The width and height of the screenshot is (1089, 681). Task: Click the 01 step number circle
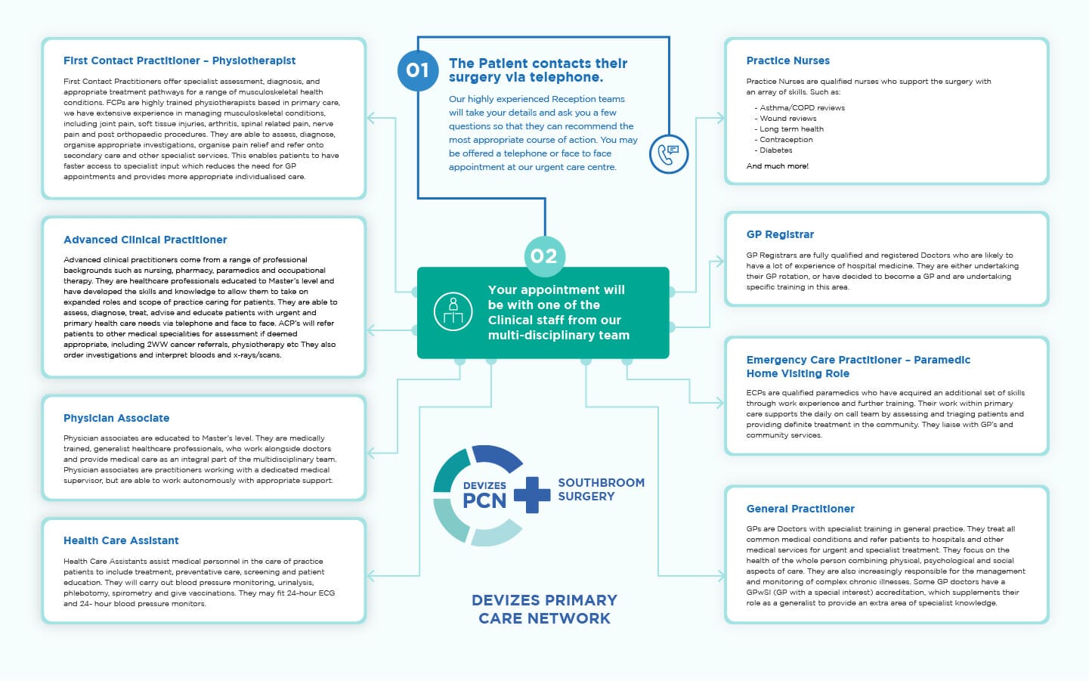(417, 70)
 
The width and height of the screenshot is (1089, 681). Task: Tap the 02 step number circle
(544, 256)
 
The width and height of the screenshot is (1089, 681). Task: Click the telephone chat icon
(668, 153)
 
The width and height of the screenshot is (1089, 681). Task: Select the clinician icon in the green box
(453, 311)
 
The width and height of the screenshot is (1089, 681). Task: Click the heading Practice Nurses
(787, 60)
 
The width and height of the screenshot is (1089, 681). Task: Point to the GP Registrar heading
(780, 234)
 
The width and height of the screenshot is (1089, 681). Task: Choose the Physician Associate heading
(116, 418)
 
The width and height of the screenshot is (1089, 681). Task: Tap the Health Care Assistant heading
(121, 540)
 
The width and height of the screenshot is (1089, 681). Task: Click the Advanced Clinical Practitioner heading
(145, 240)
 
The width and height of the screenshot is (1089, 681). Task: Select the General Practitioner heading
(800, 509)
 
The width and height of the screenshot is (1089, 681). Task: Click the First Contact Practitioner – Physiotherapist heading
(179, 60)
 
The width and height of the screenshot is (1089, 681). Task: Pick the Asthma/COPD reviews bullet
(801, 108)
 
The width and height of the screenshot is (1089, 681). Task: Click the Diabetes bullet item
(775, 150)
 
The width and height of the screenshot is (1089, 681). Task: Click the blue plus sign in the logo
(532, 495)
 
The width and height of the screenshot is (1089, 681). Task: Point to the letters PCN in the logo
(484, 500)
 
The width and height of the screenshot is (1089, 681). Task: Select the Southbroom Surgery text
(601, 490)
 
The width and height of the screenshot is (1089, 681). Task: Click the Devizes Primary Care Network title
(544, 609)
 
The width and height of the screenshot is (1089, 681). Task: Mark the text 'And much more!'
(777, 166)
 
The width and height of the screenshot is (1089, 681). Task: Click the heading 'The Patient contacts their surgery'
(537, 70)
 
